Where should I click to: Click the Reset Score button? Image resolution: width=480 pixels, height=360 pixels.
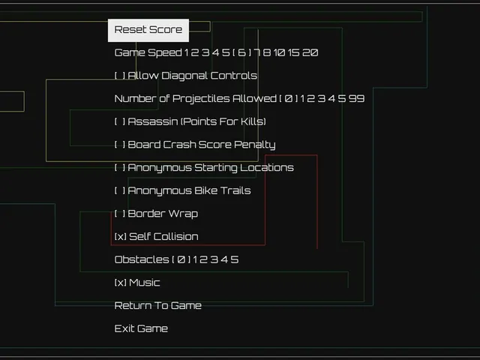click(x=148, y=30)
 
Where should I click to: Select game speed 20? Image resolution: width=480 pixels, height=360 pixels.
click(x=310, y=52)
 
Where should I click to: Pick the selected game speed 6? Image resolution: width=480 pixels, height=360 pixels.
click(x=241, y=52)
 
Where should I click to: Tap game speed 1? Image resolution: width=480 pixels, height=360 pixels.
click(x=187, y=52)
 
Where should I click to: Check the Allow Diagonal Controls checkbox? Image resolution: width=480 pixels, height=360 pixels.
click(x=120, y=76)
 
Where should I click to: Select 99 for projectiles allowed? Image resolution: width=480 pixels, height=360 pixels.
click(x=357, y=98)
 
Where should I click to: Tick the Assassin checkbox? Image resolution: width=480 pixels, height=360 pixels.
click(x=120, y=121)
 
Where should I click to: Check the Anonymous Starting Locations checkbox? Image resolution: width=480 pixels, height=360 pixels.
click(x=120, y=167)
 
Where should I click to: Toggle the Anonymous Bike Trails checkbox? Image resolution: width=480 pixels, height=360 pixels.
click(x=120, y=190)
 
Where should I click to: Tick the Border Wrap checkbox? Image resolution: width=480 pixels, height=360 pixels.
click(x=120, y=213)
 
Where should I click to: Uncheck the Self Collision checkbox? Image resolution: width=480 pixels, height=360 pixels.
click(x=120, y=237)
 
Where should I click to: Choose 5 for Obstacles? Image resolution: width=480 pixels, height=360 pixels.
click(x=235, y=259)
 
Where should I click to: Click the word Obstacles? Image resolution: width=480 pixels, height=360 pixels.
click(x=142, y=259)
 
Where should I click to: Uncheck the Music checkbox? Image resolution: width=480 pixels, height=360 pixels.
click(x=120, y=283)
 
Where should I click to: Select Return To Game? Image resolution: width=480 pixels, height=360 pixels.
click(x=158, y=305)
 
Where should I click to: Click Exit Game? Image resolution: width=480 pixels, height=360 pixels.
click(x=141, y=328)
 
